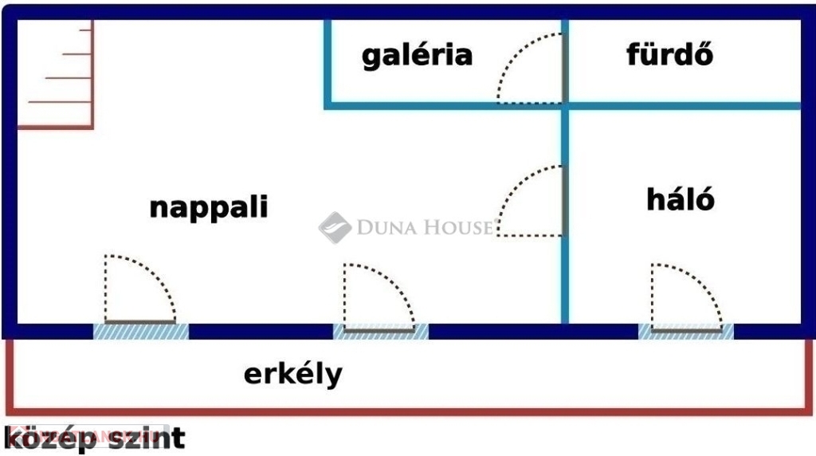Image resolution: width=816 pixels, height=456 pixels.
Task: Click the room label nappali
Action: pyautogui.click(x=208, y=208)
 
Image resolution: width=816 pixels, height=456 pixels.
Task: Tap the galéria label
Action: pyautogui.click(x=417, y=55)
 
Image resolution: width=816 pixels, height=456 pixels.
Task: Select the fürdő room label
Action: pyautogui.click(x=669, y=54)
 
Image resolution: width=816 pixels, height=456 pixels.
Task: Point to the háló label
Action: pyautogui.click(x=681, y=199)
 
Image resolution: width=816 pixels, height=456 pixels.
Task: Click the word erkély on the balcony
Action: pyautogui.click(x=293, y=374)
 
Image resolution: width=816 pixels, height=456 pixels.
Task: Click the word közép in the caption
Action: pyautogui.click(x=50, y=438)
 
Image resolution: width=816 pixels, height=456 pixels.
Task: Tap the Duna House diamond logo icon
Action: pyautogui.click(x=335, y=227)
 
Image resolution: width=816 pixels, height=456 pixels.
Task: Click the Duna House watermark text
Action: pyautogui.click(x=424, y=227)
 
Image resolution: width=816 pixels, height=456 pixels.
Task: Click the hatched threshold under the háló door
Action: pyautogui.click(x=686, y=332)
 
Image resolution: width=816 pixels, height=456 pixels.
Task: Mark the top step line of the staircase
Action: pyautogui.click(x=85, y=30)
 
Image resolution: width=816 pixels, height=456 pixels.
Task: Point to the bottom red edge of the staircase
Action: pyautogui.click(x=55, y=127)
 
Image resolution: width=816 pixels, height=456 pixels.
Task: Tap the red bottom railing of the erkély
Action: pyautogui.click(x=409, y=411)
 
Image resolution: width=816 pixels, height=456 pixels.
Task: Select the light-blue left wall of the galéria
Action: pyautogui.click(x=328, y=65)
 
